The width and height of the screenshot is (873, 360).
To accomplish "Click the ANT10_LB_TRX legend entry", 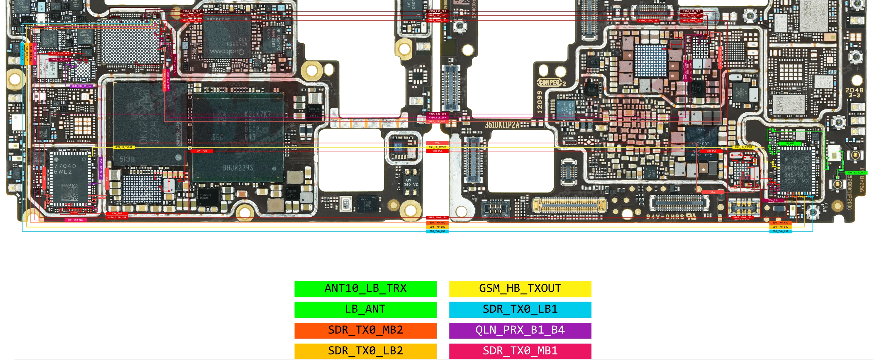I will (365, 288).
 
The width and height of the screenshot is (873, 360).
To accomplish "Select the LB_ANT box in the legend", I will (365, 310).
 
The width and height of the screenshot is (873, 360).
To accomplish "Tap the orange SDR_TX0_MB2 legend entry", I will (365, 330).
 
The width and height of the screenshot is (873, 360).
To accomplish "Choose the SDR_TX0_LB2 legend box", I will (365, 351).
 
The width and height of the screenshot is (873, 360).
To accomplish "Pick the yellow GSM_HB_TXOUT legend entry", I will (520, 288).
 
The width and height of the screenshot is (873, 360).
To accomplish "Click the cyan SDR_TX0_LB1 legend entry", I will (520, 310).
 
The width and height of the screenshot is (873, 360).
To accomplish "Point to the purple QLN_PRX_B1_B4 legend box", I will (520, 330).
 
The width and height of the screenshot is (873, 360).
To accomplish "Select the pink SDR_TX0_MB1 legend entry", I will (520, 351).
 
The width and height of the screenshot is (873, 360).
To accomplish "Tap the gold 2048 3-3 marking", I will (854, 92).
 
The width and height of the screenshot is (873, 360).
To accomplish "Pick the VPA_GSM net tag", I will (773, 200).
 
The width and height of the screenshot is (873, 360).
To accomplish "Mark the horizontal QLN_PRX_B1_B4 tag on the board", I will (81, 86).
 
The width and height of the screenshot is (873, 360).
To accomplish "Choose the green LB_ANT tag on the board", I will (790, 143).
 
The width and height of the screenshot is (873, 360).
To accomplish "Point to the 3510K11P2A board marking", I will (501, 125).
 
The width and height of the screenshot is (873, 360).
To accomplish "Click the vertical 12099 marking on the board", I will (540, 102).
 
